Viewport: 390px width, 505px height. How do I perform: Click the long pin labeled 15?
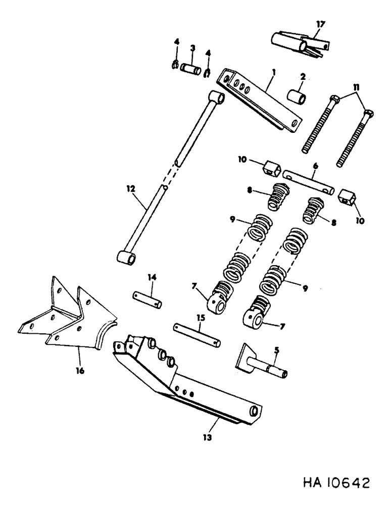197,334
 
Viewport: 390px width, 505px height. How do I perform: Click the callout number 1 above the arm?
273,73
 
